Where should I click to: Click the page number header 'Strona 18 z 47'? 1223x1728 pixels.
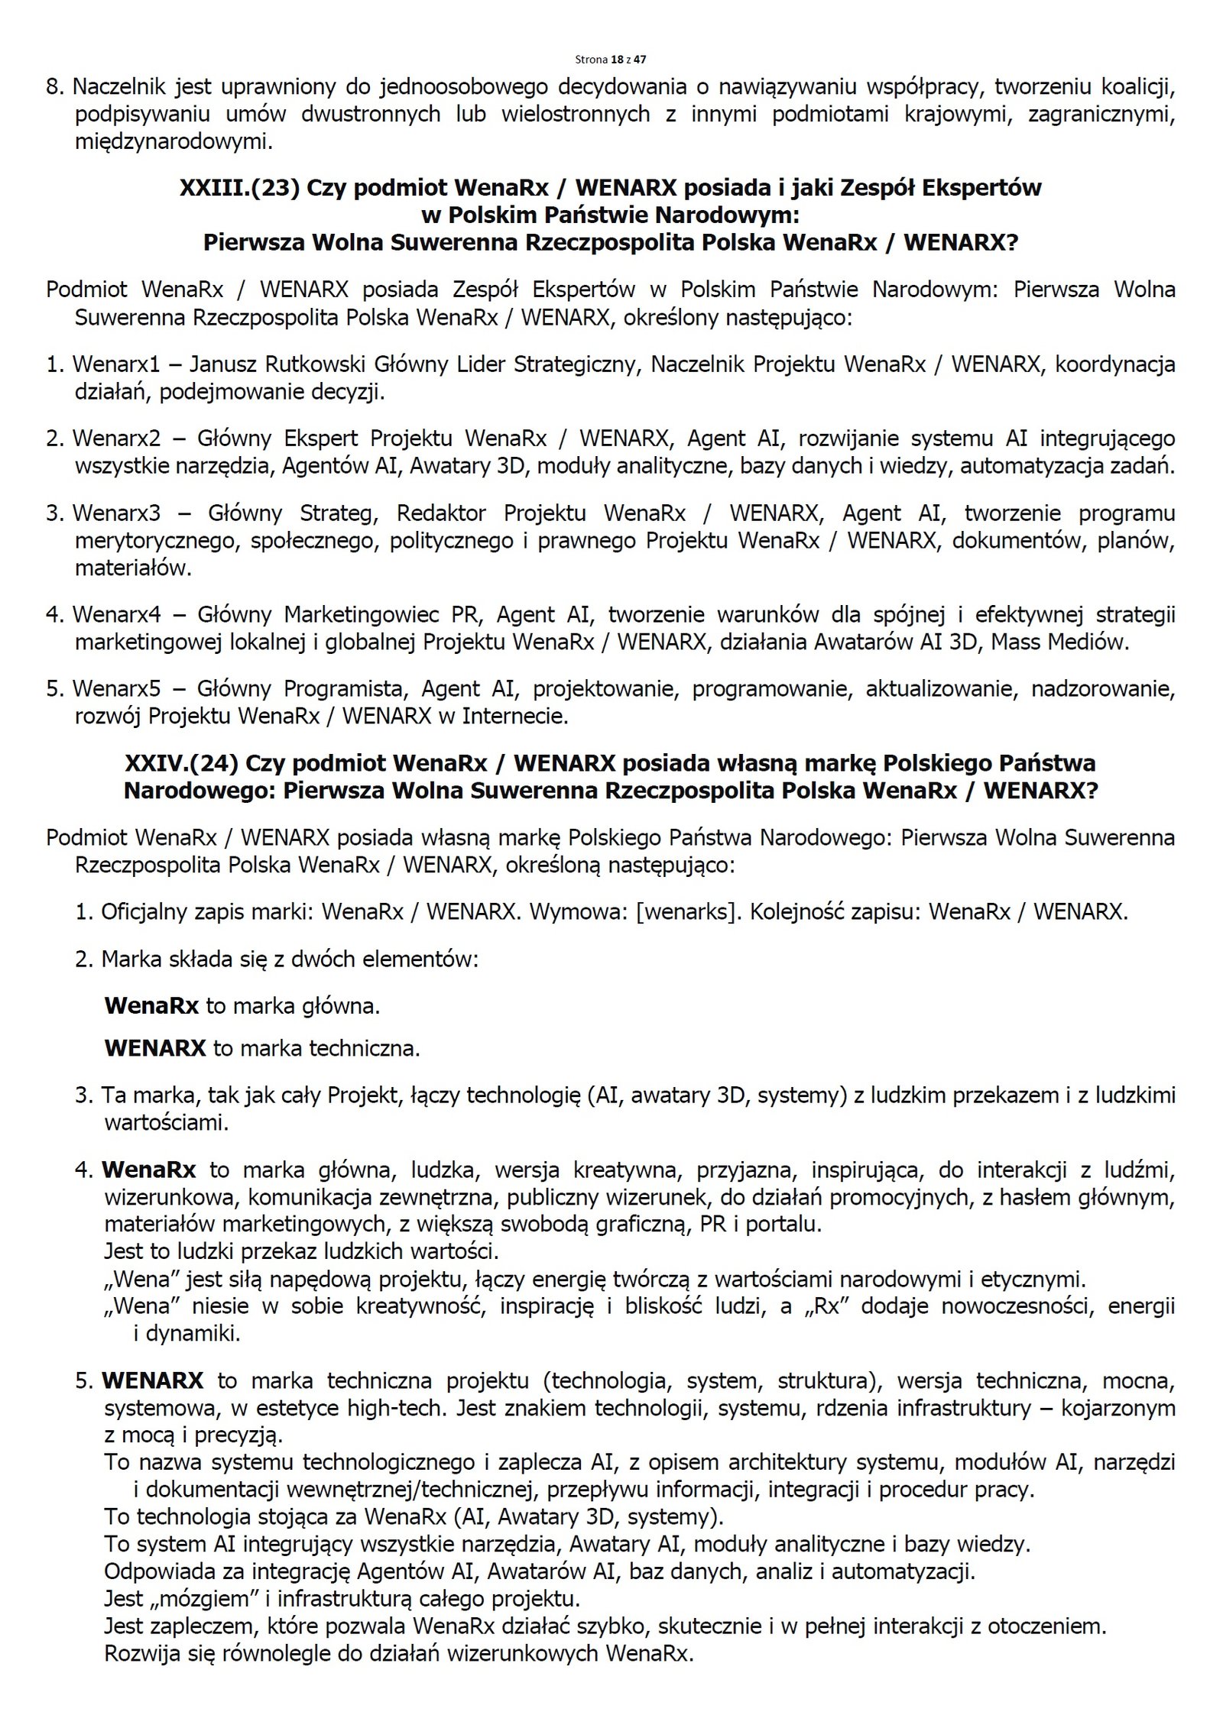(611, 59)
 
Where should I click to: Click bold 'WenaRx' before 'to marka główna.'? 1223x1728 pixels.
(152, 1006)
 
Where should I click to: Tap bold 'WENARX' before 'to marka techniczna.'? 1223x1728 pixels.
(155, 1048)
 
